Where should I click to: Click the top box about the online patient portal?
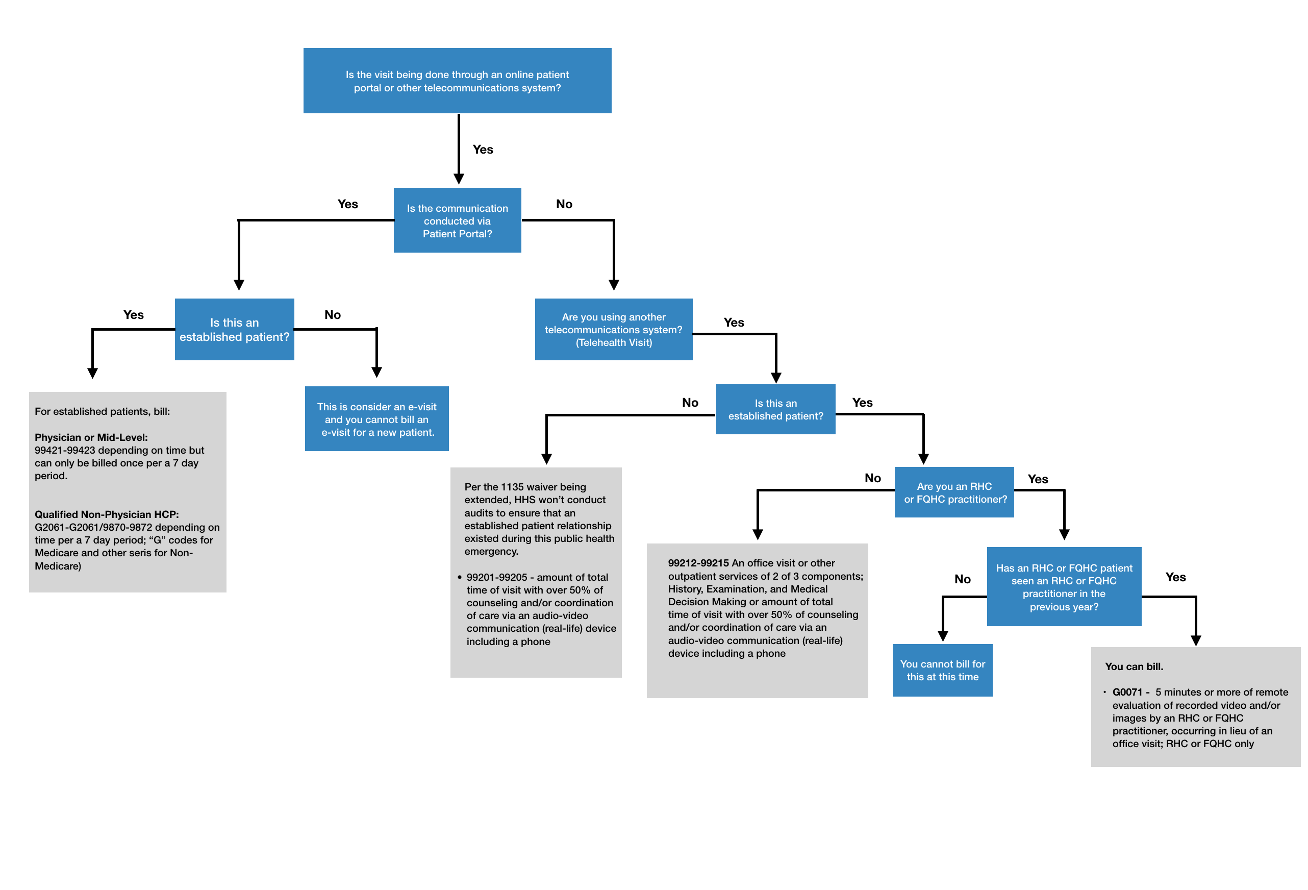457,81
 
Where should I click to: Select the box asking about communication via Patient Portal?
457,220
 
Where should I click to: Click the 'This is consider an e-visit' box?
376,419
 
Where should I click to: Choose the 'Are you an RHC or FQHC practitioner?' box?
954,492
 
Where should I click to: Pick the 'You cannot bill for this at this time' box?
942,670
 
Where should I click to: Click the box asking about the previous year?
1064,586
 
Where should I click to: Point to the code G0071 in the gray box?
1127,692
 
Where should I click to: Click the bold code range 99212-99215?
698,563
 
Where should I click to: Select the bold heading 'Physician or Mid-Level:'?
91,437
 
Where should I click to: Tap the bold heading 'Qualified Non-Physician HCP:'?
107,514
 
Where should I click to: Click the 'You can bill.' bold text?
1134,666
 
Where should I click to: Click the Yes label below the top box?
483,149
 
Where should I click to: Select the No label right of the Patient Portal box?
564,204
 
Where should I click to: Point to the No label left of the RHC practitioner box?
872,478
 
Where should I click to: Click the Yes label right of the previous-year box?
1175,577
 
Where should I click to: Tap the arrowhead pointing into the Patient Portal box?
459,179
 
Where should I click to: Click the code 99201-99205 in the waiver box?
496,577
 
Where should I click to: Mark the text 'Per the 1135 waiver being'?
524,487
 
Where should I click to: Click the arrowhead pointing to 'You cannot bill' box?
943,636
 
